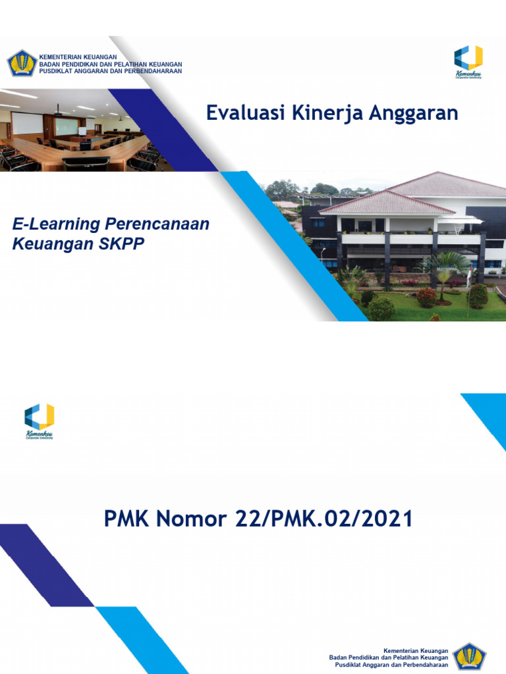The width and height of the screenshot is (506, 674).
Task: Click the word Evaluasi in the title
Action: click(239, 113)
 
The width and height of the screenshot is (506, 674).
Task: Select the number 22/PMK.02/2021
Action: click(324, 519)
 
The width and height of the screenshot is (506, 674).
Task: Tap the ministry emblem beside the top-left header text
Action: click(22, 63)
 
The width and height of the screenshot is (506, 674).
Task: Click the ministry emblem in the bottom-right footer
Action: click(470, 658)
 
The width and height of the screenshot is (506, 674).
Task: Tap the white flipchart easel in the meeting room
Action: click(82, 131)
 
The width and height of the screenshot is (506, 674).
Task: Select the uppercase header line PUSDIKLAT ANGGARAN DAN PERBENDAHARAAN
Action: click(111, 71)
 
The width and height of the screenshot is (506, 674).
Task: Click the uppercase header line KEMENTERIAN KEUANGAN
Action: click(79, 57)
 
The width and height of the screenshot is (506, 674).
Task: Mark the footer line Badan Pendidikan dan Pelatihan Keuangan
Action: click(389, 657)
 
